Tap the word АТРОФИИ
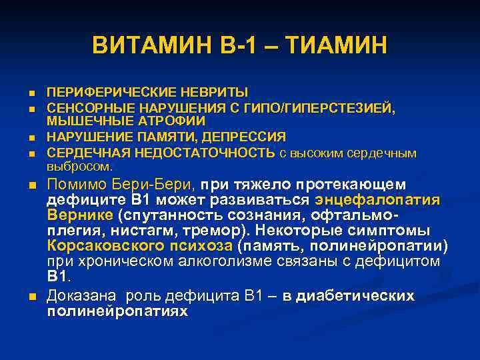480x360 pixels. (x=171, y=121)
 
